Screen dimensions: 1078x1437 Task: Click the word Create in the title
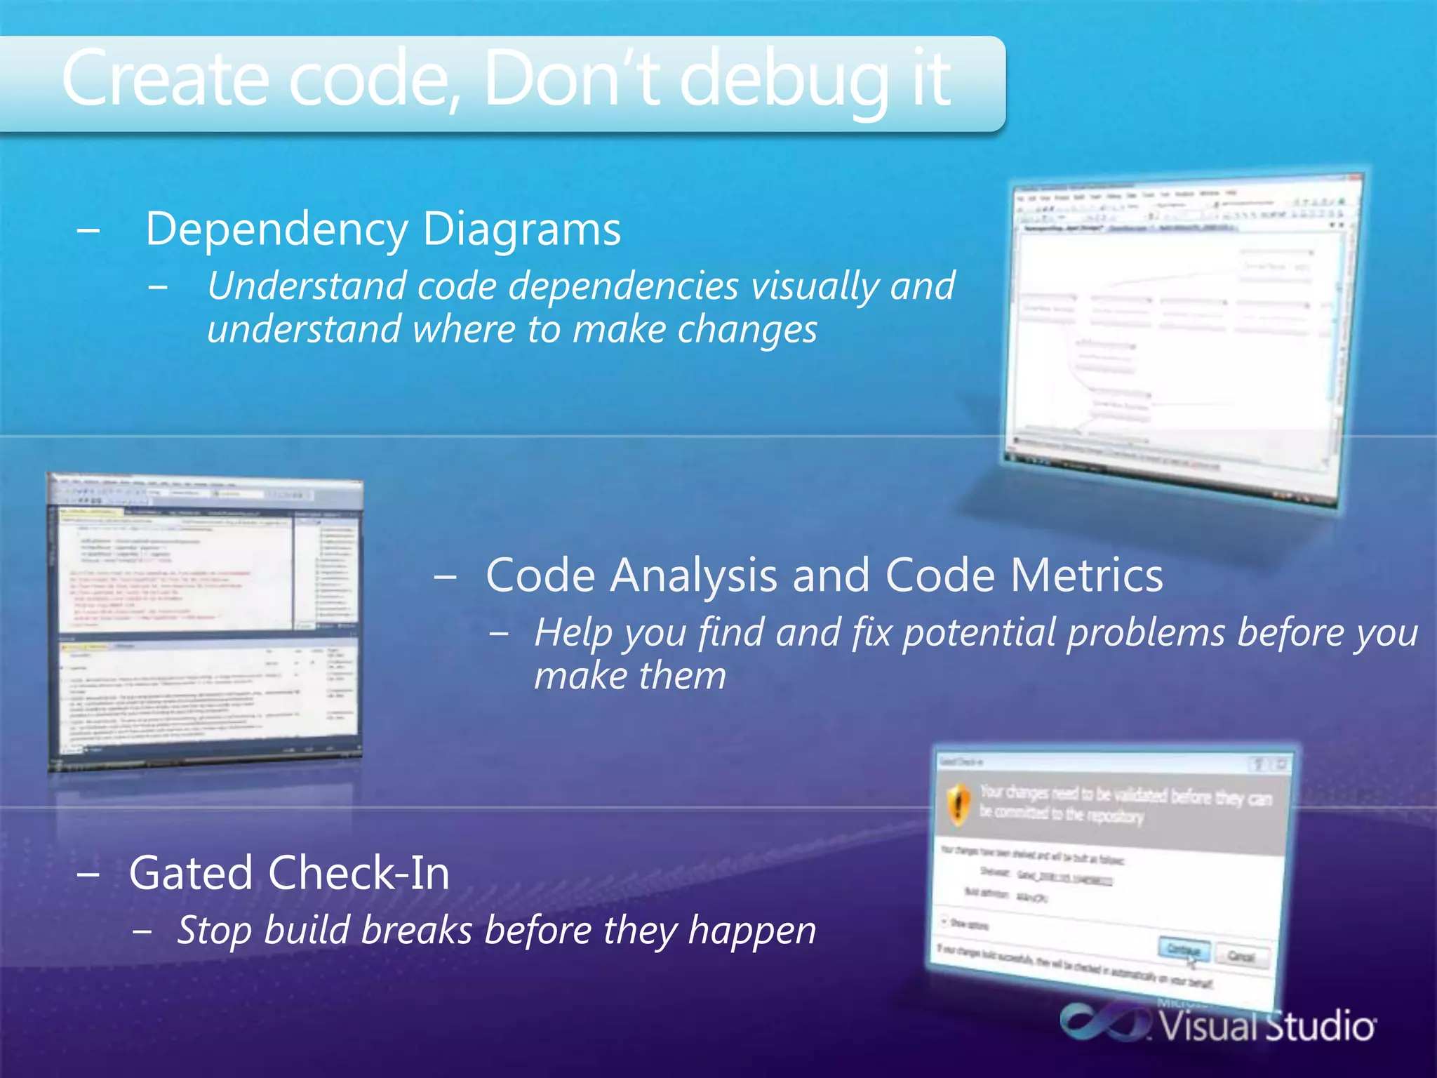click(x=166, y=79)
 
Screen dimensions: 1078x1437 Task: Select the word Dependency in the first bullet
click(x=276, y=230)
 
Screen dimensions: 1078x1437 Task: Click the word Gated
click(x=191, y=873)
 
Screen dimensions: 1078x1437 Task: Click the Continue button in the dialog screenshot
click(x=1184, y=950)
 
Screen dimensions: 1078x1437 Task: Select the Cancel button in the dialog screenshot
click(x=1241, y=956)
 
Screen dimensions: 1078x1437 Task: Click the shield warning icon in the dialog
click(x=958, y=804)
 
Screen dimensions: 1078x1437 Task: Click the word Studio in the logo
click(x=1319, y=1027)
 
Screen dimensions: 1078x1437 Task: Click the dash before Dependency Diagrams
click(x=88, y=229)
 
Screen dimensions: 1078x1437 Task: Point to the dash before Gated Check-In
click(x=88, y=874)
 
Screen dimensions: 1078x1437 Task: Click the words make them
click(x=629, y=677)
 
